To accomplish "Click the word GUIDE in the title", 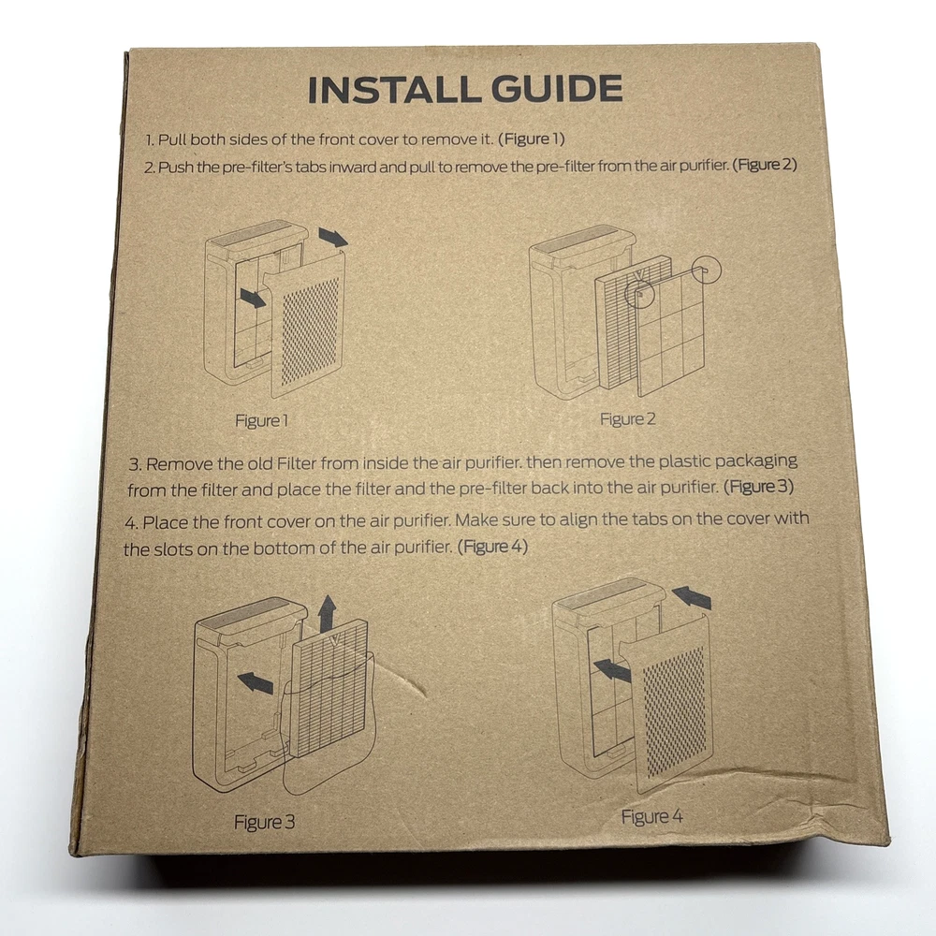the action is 557,88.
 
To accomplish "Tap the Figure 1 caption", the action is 261,421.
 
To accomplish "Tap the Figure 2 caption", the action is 627,419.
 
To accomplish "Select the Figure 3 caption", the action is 265,822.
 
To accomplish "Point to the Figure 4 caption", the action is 651,816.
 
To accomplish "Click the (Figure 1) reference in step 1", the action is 532,139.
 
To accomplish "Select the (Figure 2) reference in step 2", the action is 765,165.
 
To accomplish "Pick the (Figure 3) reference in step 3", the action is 759,487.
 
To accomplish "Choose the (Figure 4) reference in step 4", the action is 492,547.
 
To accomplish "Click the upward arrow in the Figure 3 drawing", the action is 327,613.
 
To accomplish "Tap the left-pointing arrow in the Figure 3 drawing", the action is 256,681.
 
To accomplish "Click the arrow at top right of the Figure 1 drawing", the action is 333,237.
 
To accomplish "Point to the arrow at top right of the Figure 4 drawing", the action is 692,597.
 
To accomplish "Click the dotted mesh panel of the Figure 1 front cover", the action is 311,332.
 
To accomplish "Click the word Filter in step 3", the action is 297,464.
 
